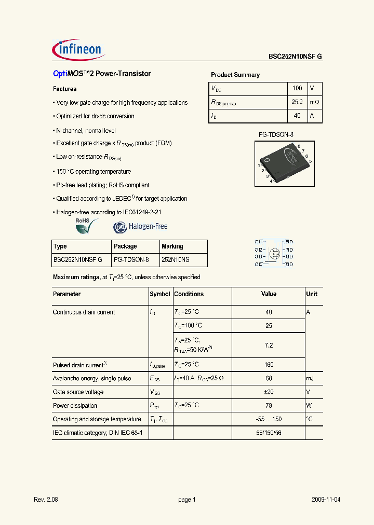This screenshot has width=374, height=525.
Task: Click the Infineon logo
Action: [79, 49]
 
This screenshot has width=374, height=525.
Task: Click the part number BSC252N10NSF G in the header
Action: [296, 57]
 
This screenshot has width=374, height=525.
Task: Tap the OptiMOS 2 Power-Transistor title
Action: [102, 74]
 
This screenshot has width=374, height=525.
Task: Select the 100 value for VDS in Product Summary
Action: [297, 89]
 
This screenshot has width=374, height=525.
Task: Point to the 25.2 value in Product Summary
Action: [297, 103]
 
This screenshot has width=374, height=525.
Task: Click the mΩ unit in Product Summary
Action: [315, 103]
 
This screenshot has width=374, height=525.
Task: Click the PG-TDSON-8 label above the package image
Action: [276, 135]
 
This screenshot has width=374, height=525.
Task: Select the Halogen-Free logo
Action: [141, 227]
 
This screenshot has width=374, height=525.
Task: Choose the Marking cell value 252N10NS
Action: [176, 260]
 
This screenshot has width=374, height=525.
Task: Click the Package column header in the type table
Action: [125, 246]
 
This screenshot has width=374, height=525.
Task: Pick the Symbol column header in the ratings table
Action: [160, 294]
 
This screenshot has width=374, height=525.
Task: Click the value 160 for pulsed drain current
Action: [269, 365]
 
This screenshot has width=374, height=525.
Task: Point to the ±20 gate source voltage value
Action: [269, 392]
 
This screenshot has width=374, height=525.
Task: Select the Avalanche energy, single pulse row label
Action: [92, 379]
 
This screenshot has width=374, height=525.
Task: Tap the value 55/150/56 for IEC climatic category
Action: [269, 433]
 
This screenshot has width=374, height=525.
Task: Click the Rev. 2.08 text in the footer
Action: [46, 500]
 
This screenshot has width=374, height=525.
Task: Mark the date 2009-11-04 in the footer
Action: [326, 500]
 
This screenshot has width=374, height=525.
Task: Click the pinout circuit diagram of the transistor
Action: [274, 253]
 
